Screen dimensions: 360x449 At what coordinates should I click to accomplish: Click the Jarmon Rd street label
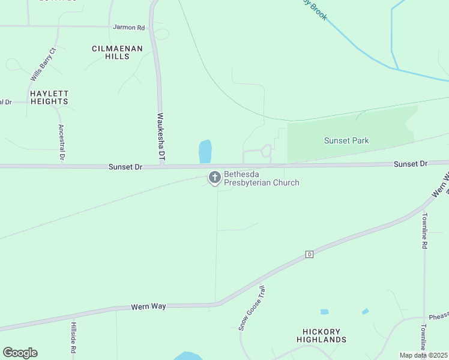(x=129, y=28)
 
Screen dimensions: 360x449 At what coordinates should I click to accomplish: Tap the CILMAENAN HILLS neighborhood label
(x=118, y=52)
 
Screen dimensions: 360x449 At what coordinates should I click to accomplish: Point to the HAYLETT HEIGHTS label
(x=49, y=98)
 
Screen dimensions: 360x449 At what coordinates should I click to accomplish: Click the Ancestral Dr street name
(x=61, y=142)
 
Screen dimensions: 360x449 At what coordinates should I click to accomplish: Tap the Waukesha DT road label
(x=161, y=137)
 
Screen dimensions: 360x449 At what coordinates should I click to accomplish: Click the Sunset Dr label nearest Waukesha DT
(x=125, y=167)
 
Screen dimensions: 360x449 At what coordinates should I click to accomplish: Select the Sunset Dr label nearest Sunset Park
(x=411, y=164)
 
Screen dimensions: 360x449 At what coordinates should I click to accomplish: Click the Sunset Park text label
(x=346, y=141)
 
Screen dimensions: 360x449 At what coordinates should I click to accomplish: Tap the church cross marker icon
(x=214, y=177)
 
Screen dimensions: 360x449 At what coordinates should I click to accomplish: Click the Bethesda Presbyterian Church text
(x=261, y=179)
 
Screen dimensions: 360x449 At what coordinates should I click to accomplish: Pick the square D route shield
(x=309, y=254)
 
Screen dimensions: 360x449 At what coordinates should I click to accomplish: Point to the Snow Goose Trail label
(x=252, y=308)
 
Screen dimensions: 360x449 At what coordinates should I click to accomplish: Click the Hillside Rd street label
(x=73, y=337)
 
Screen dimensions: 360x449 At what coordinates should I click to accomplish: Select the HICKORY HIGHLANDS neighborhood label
(x=321, y=335)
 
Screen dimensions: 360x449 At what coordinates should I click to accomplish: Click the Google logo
(x=20, y=353)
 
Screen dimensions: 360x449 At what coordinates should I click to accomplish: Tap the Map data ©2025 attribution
(x=423, y=355)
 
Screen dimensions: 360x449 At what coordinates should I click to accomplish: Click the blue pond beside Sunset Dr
(x=205, y=151)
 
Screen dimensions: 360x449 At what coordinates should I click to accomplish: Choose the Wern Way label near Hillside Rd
(x=148, y=307)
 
